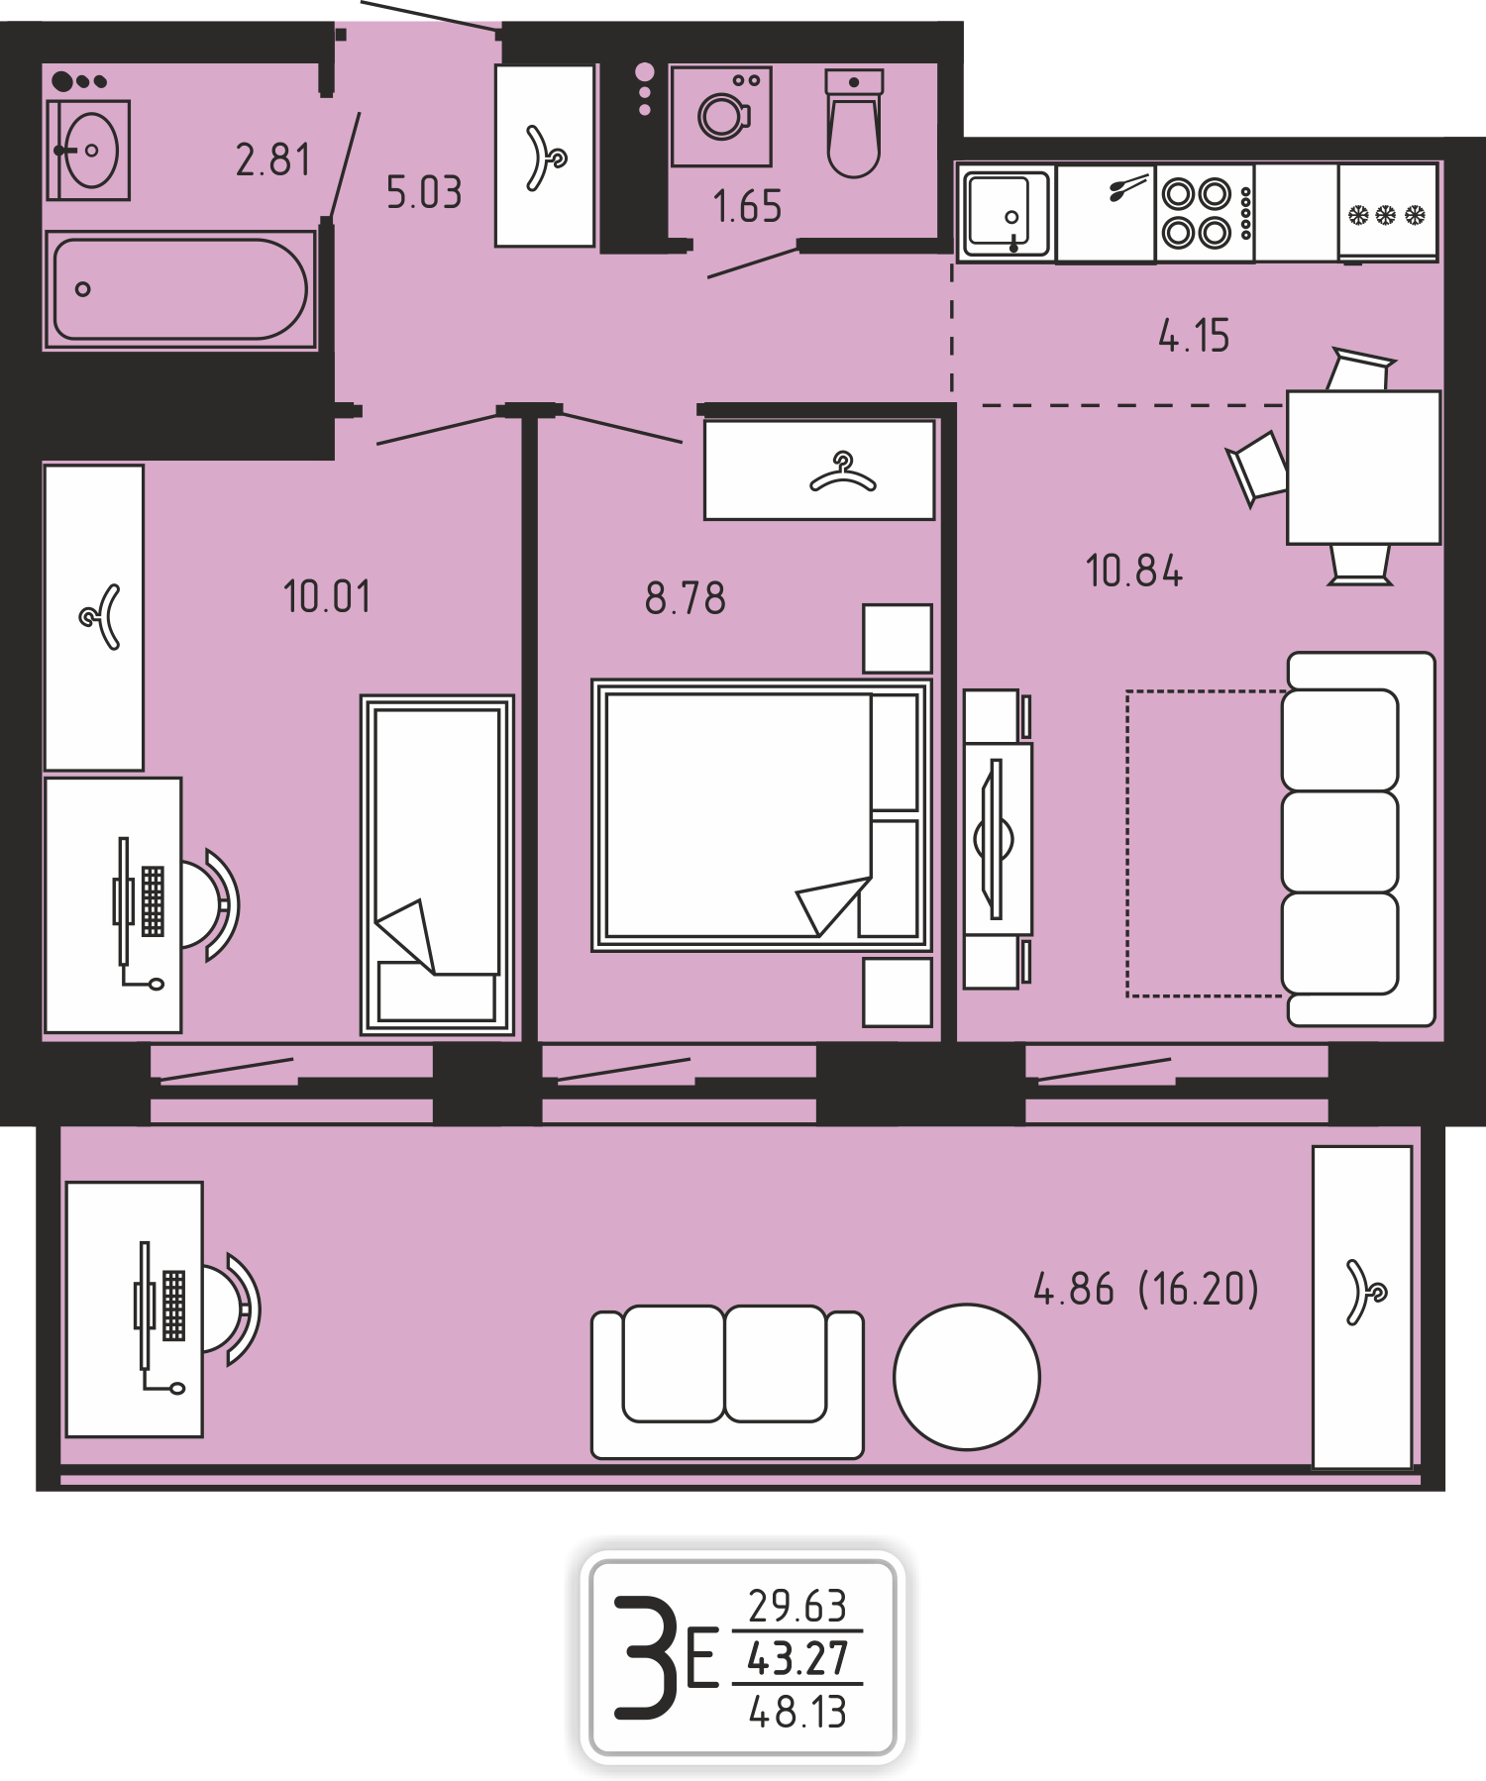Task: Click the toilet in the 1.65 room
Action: point(853,123)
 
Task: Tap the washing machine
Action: point(720,116)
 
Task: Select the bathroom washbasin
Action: point(88,151)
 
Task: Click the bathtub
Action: point(179,289)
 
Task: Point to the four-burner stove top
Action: point(1205,213)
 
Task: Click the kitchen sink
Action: point(1007,213)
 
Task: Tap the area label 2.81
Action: point(272,159)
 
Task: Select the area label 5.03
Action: point(424,192)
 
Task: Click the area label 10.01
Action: point(327,597)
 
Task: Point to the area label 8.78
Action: point(686,599)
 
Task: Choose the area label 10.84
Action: point(1134,572)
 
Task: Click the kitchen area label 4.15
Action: point(1194,337)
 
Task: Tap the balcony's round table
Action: point(967,1377)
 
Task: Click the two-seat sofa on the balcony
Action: point(728,1383)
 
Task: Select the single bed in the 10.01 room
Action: point(437,866)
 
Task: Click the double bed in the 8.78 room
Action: point(762,815)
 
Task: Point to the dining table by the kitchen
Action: point(1363,468)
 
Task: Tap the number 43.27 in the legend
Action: point(797,1657)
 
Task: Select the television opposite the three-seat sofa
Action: point(996,839)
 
